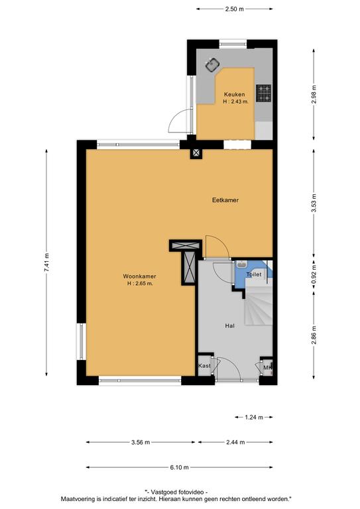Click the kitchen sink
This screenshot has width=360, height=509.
click(212, 65)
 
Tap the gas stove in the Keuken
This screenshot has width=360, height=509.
click(264, 93)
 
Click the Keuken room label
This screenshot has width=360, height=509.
click(235, 95)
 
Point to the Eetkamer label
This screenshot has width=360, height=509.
click(225, 200)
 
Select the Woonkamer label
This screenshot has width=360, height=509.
click(139, 276)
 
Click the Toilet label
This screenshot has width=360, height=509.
click(254, 274)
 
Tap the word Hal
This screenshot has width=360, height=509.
click(229, 326)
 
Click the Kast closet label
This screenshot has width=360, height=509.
click(204, 366)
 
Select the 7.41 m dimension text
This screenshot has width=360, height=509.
click(46, 262)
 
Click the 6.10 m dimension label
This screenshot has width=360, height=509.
click(179, 468)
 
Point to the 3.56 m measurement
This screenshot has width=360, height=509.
click(141, 443)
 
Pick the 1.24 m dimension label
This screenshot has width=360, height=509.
click(254, 418)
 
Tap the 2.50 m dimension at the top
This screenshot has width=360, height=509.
click(235, 9)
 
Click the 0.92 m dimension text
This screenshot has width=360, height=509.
click(314, 274)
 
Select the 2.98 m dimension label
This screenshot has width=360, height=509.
click(314, 95)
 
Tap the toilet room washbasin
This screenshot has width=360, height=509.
click(241, 264)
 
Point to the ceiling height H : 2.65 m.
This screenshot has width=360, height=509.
click(140, 284)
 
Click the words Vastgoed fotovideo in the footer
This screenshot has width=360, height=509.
click(178, 492)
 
